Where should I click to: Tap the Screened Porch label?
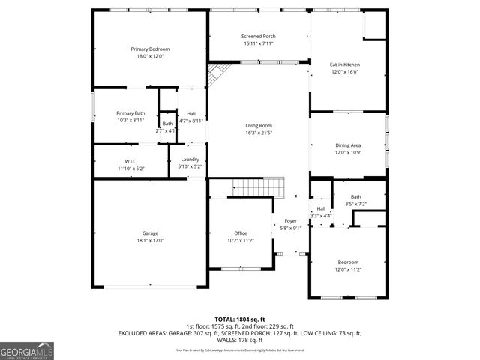tap(259, 37)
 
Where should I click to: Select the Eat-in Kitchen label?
tap(345, 64)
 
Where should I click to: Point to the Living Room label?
tap(259, 125)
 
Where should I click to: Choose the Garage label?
tap(150, 233)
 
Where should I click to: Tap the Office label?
tap(240, 233)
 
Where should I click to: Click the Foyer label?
tap(290, 221)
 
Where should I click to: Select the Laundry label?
tap(190, 159)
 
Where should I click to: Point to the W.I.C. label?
tap(130, 161)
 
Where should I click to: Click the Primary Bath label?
tap(130, 112)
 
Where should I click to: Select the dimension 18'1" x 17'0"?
tap(150, 241)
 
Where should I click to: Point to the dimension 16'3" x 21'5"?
tap(259, 133)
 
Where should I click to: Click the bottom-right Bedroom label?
tap(348, 262)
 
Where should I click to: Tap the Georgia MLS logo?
tap(27, 350)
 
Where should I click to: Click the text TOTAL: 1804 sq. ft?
tap(240, 319)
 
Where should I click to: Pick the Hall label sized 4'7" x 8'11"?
tap(191, 113)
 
